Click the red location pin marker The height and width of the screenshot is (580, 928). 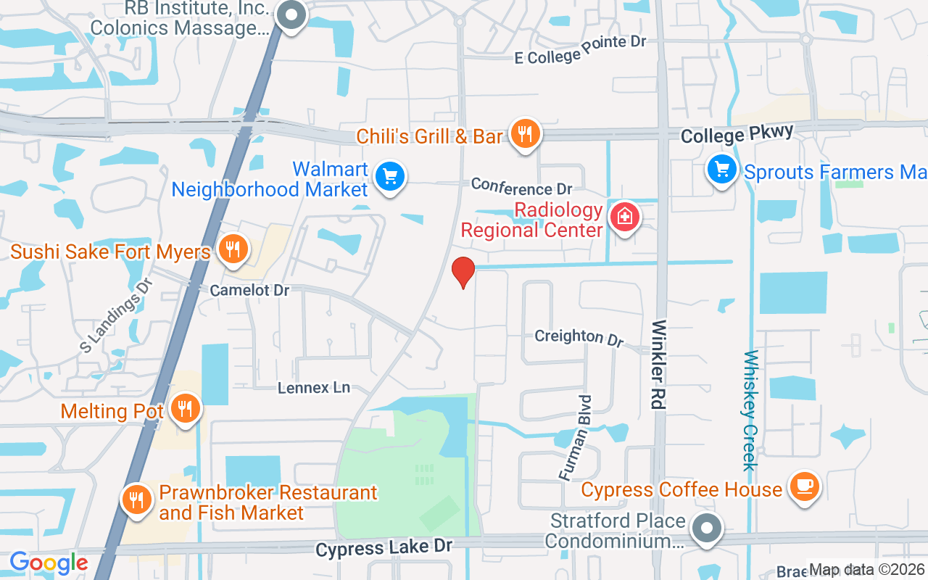[463, 272]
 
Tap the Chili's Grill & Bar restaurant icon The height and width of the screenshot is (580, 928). [525, 134]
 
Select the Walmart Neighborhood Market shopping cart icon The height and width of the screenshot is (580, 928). [390, 176]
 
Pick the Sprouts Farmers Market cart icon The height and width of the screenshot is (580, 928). [721, 170]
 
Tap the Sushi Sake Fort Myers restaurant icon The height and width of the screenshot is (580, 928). [232, 250]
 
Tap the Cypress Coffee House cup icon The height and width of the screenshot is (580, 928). [803, 486]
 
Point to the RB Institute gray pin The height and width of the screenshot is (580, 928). [292, 16]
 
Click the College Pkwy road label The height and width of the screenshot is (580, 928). [737, 134]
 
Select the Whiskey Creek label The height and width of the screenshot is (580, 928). [750, 410]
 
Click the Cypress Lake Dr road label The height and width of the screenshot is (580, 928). [384, 547]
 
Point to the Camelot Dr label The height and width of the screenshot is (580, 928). [249, 290]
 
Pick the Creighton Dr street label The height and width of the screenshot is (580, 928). [579, 337]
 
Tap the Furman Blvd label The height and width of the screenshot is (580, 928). [576, 437]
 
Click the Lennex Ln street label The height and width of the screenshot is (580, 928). [314, 388]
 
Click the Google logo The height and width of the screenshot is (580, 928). [49, 563]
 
